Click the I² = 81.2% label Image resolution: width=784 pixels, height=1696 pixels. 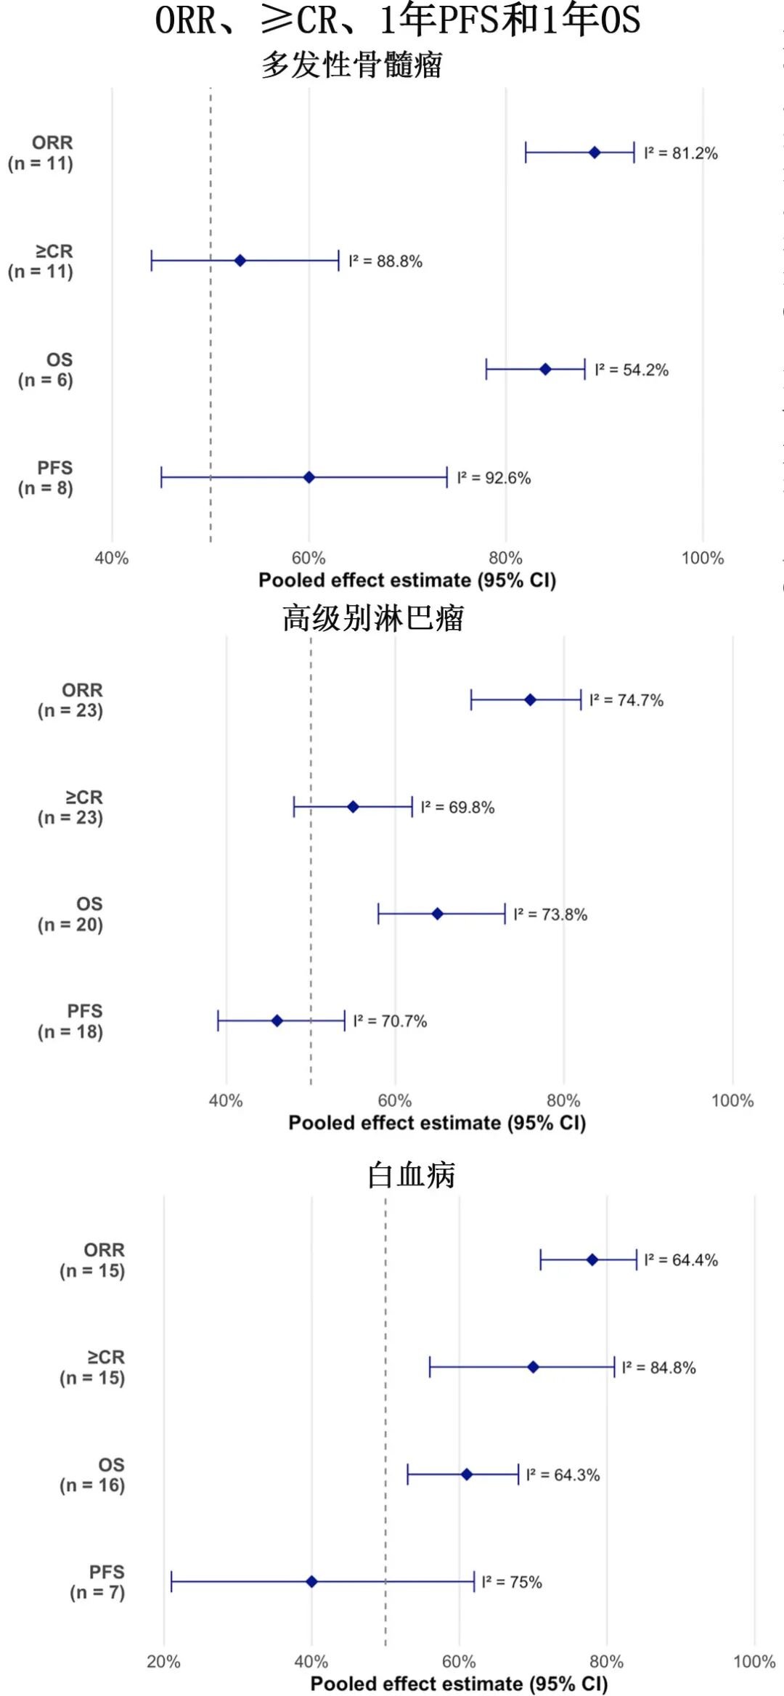pos(680,153)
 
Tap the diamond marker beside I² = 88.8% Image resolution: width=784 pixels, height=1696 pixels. pos(240,261)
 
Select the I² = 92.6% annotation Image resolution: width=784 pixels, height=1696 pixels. pos(494,478)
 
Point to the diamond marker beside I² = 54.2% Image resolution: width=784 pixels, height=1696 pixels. pos(545,370)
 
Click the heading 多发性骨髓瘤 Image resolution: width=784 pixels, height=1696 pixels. pos(352,65)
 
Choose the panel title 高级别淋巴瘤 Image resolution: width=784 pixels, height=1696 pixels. pos(373,618)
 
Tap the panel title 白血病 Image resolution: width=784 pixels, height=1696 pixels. pos(411,1174)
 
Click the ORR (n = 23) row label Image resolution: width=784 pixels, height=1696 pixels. pos(71,700)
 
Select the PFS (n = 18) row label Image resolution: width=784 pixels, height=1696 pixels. pos(71,1021)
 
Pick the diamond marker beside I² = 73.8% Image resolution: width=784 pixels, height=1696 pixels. pos(437,914)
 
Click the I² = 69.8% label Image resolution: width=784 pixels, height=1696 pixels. pos(457,808)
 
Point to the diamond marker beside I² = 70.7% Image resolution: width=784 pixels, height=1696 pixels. pos(277,1021)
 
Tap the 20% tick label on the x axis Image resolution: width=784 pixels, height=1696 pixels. pos(163,1661)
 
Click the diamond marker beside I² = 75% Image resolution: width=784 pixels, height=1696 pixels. pos(311,1581)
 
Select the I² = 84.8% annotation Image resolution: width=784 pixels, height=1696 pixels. pos(658,1368)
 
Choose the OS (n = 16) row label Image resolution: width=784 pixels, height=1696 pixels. pos(93,1474)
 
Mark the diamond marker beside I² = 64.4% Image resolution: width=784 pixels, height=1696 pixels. pos(592,1259)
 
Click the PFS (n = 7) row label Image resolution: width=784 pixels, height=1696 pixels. pos(98,1582)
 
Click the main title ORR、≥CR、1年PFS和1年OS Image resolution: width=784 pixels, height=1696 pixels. pos(398,20)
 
